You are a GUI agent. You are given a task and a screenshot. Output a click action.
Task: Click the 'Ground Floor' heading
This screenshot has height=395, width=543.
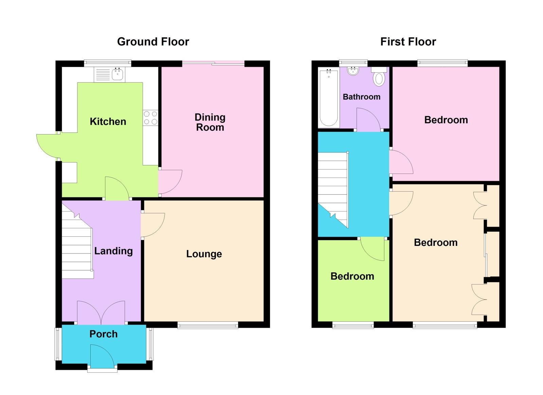point(153,42)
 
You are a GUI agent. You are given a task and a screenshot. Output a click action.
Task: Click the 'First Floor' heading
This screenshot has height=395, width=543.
point(408,42)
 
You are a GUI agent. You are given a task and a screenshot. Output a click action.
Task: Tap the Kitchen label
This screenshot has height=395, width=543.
point(108,122)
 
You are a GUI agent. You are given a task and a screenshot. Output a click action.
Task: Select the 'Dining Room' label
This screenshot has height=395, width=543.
point(210,122)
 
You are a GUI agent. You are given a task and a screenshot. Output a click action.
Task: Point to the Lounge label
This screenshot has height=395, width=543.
point(204,254)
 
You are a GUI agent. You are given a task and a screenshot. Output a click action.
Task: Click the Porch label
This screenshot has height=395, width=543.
point(103,334)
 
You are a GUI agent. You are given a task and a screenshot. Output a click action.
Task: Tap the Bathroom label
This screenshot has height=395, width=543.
point(361,97)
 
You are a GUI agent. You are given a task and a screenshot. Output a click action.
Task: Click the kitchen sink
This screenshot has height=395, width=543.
point(117,74)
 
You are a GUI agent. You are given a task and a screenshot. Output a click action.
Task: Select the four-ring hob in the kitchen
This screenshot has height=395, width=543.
point(150,118)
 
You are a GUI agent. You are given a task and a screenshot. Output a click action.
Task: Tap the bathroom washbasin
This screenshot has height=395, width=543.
point(353,71)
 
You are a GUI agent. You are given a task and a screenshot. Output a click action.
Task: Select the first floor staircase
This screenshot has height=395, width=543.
point(333,187)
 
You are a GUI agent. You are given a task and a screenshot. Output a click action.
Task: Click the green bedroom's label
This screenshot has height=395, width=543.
point(352,276)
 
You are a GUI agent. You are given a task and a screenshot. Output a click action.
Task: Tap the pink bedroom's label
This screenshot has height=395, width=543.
point(446,120)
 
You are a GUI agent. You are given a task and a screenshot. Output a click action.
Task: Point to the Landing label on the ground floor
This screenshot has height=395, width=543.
point(113,251)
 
